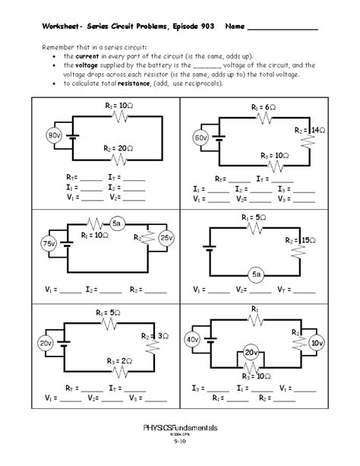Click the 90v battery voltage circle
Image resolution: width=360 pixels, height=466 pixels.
(54, 135)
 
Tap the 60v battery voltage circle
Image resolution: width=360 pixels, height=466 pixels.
(201, 139)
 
